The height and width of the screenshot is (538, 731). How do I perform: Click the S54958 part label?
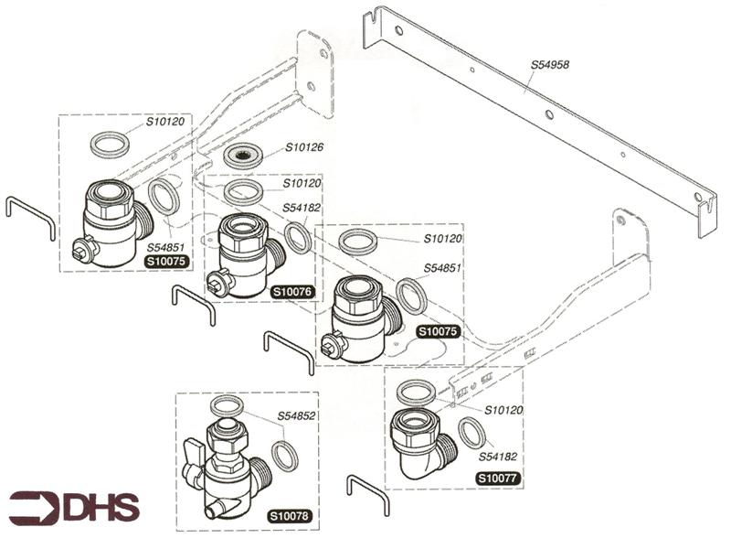pos(552,65)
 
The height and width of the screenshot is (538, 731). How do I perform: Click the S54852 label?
pos(299,416)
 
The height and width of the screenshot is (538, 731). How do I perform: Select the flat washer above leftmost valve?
pos(111,144)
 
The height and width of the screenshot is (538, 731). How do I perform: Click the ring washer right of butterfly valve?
pos(286,453)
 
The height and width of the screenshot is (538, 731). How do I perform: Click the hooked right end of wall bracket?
pos(706,212)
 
